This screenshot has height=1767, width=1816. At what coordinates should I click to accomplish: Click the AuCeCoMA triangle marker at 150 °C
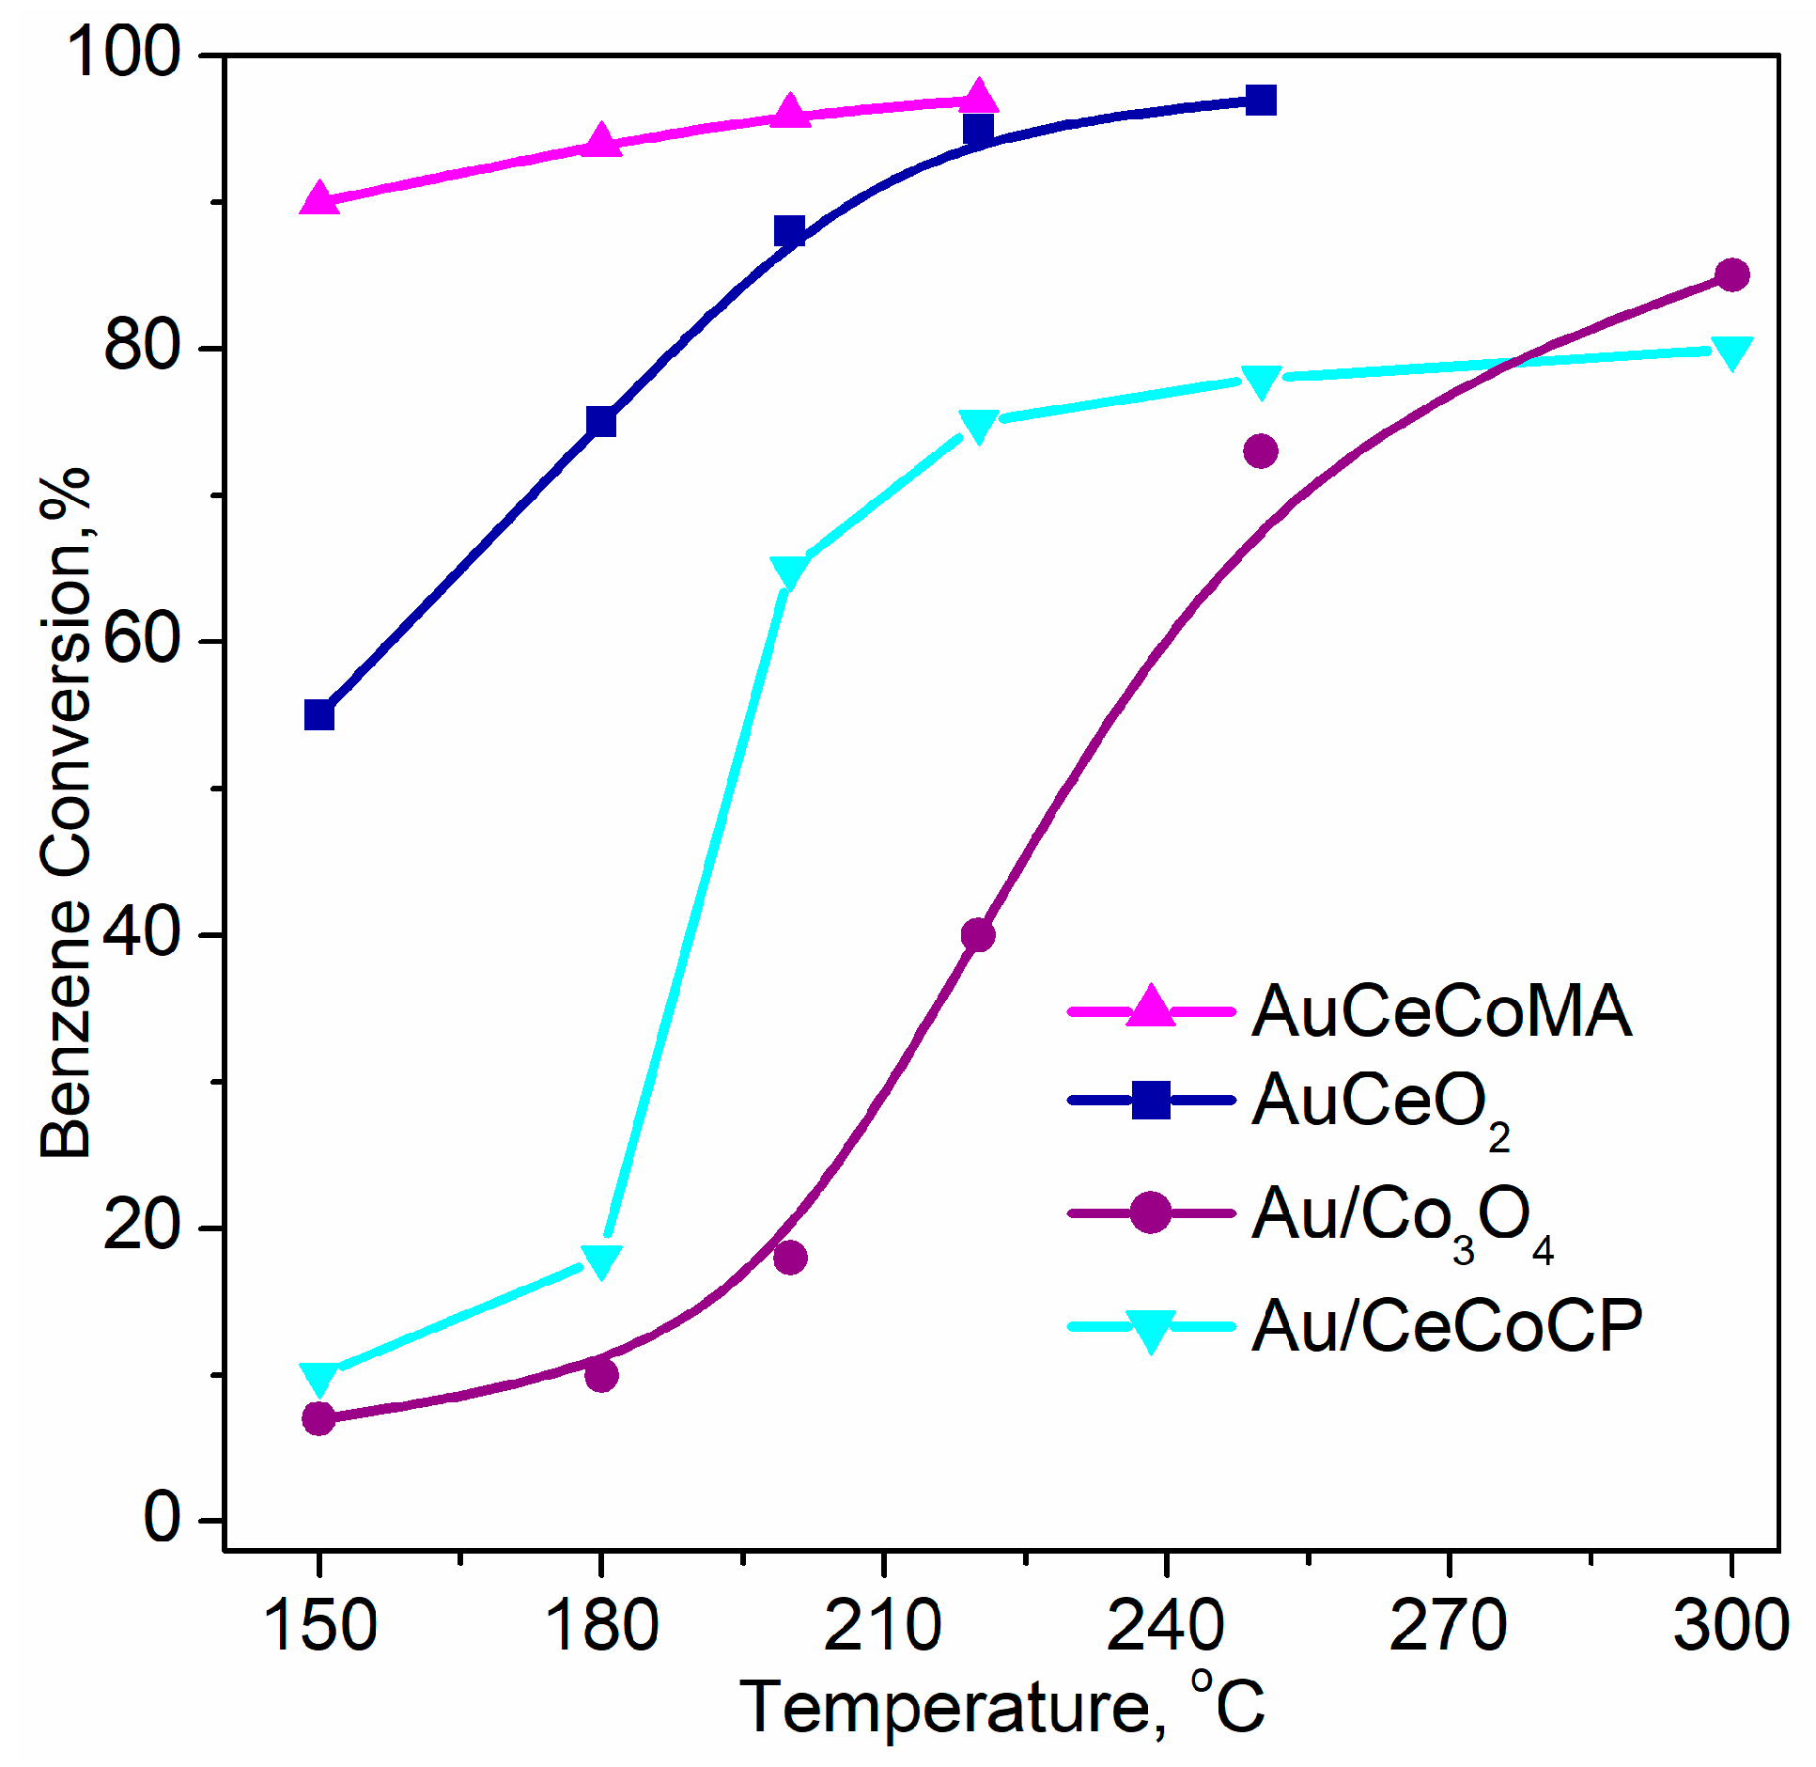pos(319,198)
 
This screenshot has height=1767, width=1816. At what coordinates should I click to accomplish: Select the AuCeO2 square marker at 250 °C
pos(1260,100)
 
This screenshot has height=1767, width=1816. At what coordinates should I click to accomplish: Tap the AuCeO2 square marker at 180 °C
pos(601,422)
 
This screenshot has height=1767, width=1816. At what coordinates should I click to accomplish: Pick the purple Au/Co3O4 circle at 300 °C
pos(1731,275)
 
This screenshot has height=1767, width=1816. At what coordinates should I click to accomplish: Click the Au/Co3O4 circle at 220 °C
pos(978,935)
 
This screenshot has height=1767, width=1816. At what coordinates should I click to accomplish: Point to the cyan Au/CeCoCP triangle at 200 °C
pos(789,571)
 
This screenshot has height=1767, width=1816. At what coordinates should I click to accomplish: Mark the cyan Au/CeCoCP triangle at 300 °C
pos(1731,352)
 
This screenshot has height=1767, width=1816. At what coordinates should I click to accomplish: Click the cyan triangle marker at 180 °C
pos(601,1260)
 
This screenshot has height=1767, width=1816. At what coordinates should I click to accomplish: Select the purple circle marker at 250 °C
pos(1260,451)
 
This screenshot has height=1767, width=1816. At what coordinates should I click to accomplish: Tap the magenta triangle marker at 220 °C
pos(978,97)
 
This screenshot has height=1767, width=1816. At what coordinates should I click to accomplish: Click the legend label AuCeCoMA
pos(1441,1011)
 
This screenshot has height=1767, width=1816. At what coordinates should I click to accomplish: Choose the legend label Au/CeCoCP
pos(1447,1326)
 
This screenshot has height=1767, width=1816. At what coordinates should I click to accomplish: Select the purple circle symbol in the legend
pos(1150,1212)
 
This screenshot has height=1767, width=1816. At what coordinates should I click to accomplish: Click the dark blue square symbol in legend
pos(1150,1100)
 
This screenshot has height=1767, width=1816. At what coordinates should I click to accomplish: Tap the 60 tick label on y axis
pos(141,641)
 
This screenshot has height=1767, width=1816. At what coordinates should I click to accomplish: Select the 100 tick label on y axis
pos(122,54)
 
